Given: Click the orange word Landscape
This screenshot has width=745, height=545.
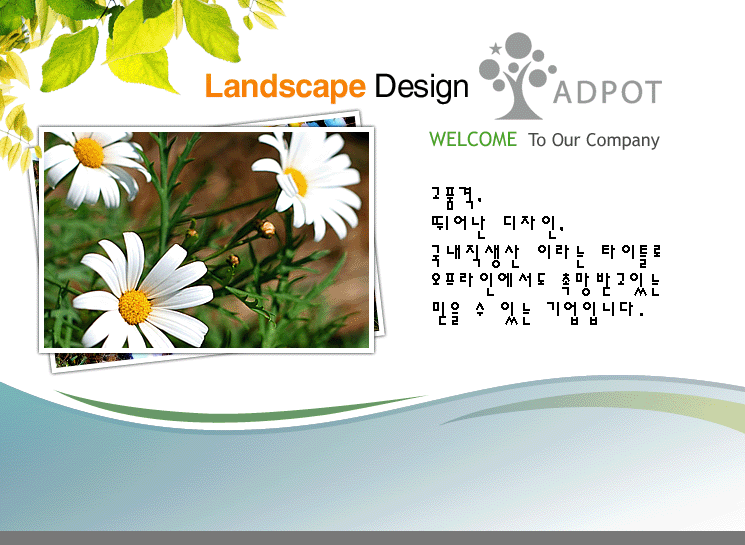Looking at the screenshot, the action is click(285, 86).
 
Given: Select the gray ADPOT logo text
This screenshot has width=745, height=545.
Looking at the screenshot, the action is click(607, 92).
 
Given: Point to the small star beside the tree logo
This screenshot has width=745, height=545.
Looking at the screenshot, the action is click(495, 48).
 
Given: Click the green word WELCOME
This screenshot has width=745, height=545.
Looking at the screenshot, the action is click(473, 139).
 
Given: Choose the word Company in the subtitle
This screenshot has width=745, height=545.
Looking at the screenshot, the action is click(622, 141).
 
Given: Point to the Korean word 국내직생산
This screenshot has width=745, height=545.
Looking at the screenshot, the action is click(476, 256).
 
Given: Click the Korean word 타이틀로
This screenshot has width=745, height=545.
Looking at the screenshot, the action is click(631, 256).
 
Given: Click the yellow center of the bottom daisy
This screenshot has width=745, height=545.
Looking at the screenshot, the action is click(135, 307).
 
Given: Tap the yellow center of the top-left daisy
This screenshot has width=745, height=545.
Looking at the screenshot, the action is click(89, 153).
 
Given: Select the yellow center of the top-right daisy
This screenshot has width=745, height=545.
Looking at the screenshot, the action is click(297, 181).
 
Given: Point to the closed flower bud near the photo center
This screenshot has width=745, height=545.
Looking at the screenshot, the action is click(267, 229).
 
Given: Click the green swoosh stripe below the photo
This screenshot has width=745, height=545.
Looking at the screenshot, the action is click(238, 409).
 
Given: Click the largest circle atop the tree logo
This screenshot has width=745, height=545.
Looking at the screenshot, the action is click(518, 46).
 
